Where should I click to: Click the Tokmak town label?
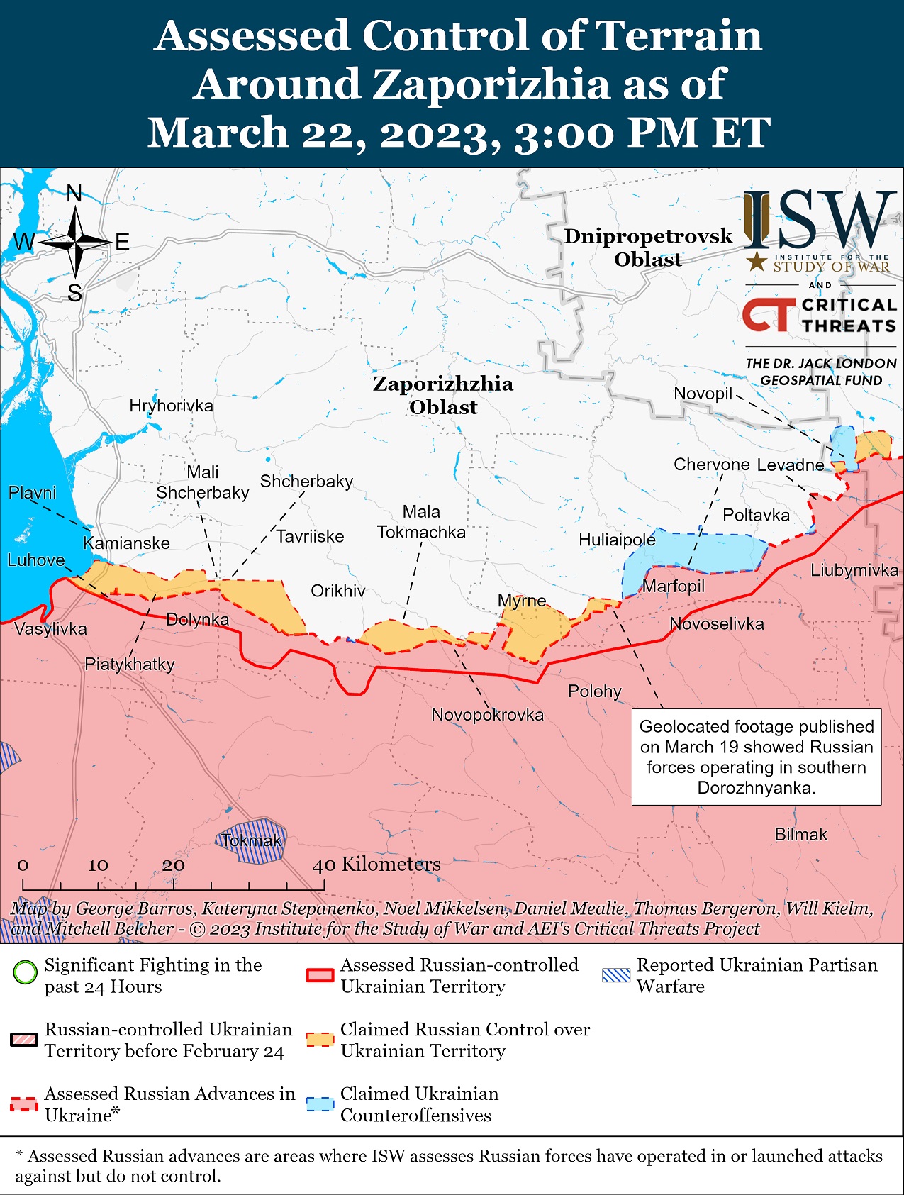pos(251,840)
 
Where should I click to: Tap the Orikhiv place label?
pos(338,591)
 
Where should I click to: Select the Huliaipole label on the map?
pos(617,540)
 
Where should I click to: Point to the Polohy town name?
pos(594,691)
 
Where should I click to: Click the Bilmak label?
pos(800,834)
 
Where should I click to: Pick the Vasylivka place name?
pos(50,628)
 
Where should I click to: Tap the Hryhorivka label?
pos(171,406)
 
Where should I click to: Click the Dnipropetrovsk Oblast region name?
pos(648,248)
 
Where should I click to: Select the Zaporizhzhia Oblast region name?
pos(443,395)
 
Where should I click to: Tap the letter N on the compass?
pos(74,193)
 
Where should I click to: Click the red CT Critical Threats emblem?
pos(768,315)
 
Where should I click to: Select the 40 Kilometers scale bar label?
pos(376,864)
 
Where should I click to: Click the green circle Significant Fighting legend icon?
pos(25,971)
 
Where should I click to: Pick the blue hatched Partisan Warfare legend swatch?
pos(615,974)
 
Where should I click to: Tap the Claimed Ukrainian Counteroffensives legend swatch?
pos(320,1104)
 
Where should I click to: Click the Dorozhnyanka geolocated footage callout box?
pos(757,757)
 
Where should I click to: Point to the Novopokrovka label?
pos(487,714)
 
